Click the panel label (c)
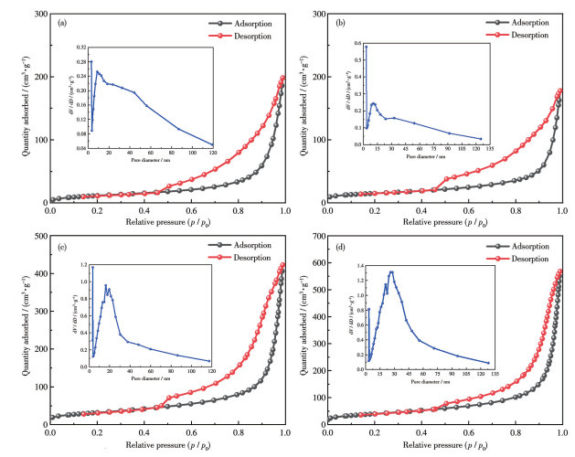(61, 246)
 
